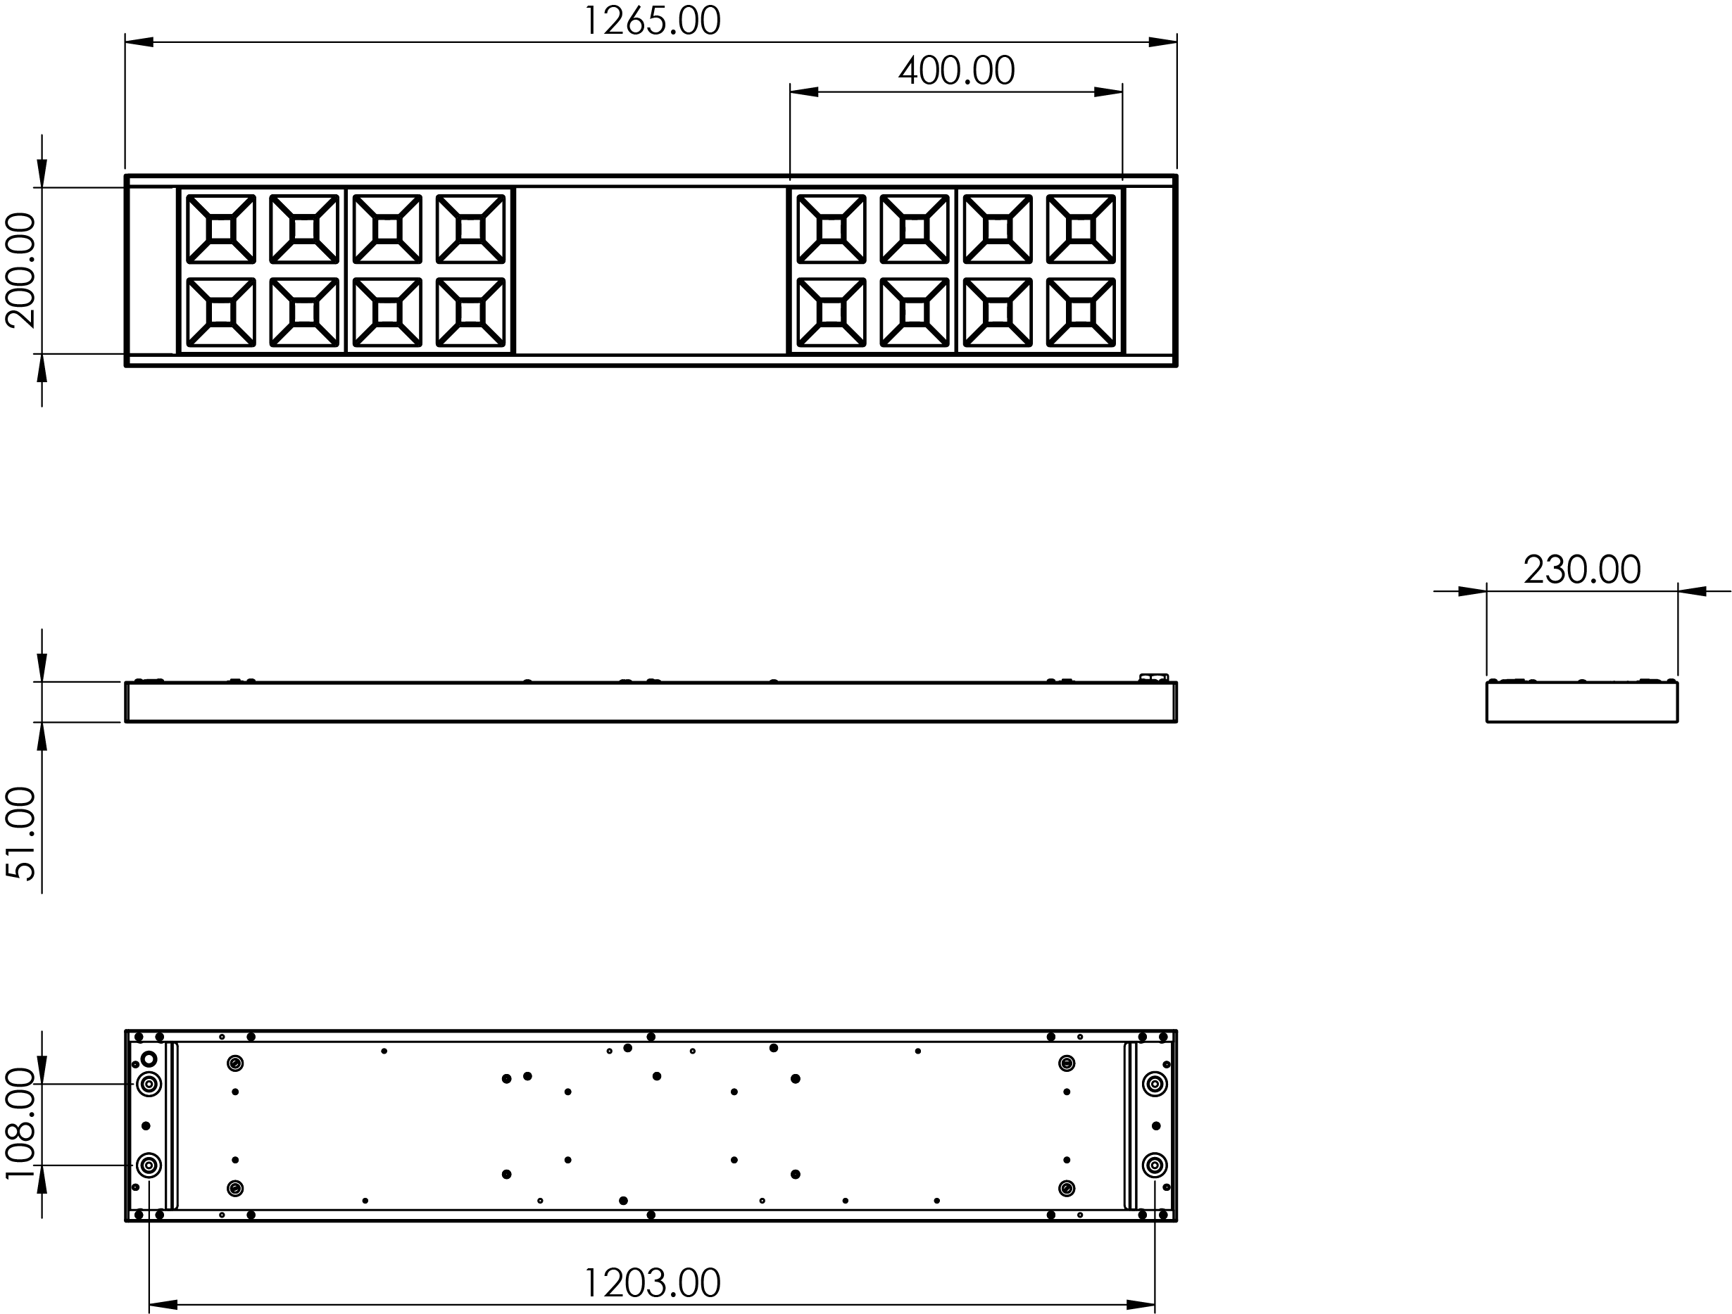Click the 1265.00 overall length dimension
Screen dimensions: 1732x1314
click(651, 21)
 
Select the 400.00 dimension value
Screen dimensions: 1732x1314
click(956, 70)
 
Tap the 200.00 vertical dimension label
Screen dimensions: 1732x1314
click(21, 270)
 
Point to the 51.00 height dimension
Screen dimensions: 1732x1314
click(21, 833)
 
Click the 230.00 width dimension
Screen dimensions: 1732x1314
click(1581, 570)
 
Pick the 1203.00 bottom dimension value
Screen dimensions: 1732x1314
click(651, 1283)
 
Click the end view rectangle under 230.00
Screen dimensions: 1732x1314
click(1581, 701)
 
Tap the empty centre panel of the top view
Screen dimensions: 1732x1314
click(651, 270)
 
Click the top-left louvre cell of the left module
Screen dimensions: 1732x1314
click(221, 229)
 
